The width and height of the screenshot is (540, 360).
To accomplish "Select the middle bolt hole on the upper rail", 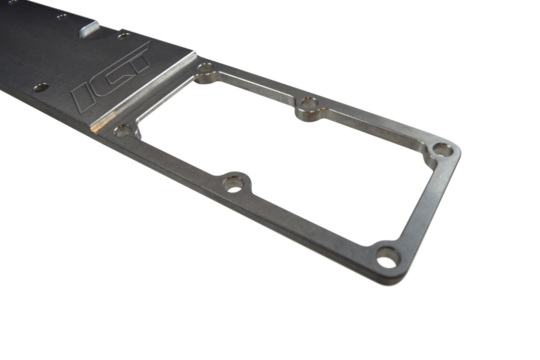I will tap(308, 103).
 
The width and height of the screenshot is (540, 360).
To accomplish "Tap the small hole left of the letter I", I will tap(41, 88).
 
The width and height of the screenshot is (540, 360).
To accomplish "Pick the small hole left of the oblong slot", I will tap(61, 16).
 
